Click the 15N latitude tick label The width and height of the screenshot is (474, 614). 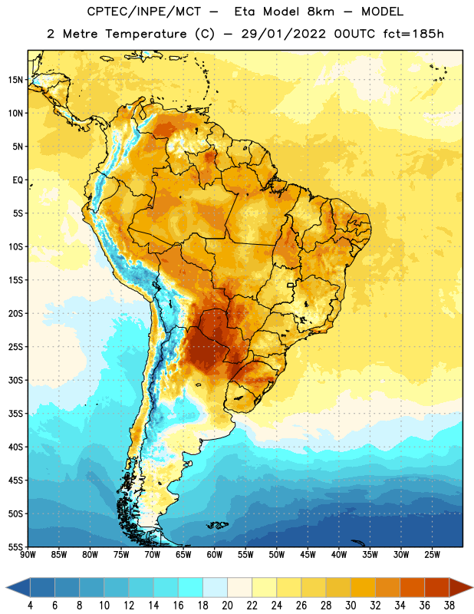(15, 80)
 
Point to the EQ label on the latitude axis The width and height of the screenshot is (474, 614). (18, 180)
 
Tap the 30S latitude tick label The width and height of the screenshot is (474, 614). (15, 380)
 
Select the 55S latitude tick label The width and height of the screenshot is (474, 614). (15, 547)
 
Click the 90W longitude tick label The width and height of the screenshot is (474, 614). (28, 555)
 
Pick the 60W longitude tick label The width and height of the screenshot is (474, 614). (215, 555)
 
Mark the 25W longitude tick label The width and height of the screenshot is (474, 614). (432, 555)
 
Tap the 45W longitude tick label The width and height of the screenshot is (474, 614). (308, 555)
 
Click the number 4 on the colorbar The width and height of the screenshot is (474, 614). (30, 606)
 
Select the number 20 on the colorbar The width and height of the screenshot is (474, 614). (227, 606)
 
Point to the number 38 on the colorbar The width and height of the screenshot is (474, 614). (449, 606)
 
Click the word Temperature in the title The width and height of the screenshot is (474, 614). (146, 34)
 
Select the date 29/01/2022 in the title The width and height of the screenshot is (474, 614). (283, 34)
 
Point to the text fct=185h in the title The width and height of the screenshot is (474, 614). (413, 34)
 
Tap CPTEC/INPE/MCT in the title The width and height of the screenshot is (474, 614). (144, 12)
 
